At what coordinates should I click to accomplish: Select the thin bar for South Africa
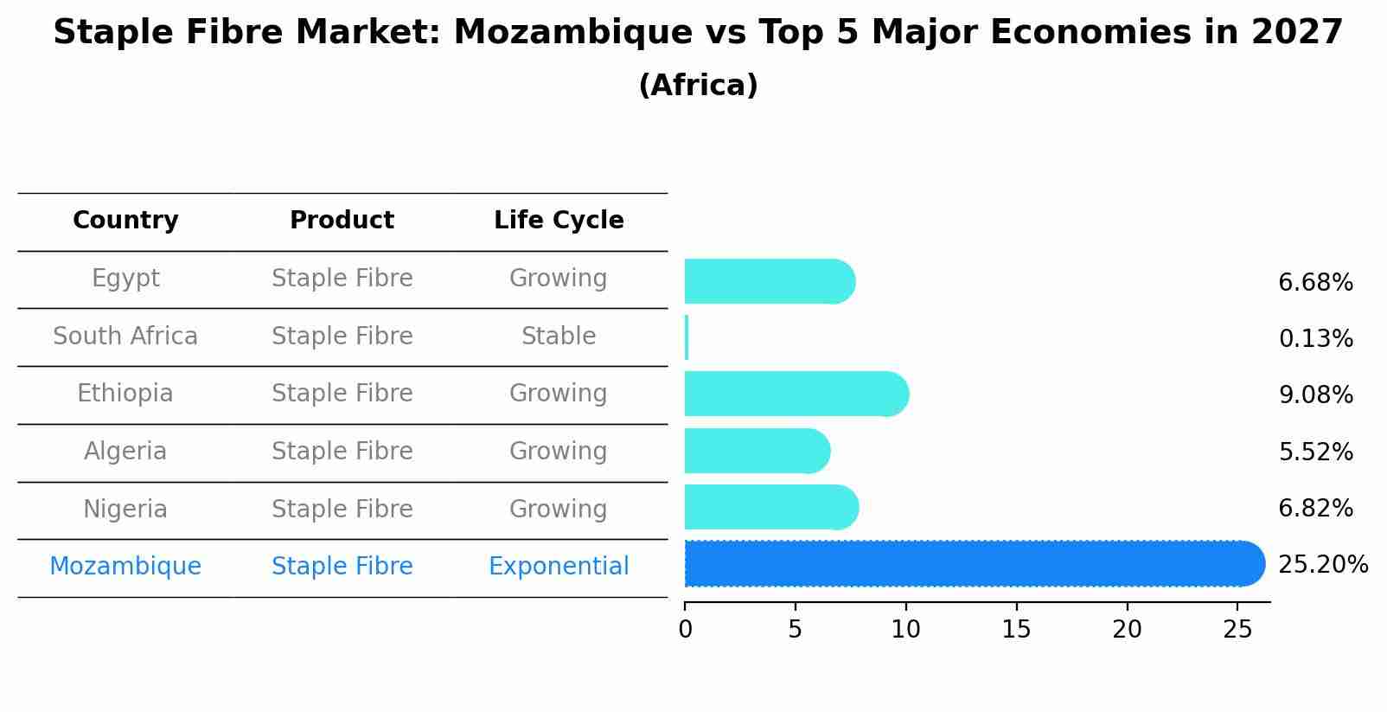click(687, 337)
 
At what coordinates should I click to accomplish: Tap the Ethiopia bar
click(796, 394)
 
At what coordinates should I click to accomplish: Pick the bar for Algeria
click(757, 452)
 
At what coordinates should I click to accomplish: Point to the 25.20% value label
click(1322, 565)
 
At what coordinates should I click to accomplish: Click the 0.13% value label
click(1315, 339)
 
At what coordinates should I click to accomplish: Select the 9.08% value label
click(1315, 395)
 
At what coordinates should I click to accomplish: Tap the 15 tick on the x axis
click(1016, 630)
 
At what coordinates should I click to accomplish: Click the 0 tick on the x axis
click(686, 630)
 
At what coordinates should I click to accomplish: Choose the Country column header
click(125, 221)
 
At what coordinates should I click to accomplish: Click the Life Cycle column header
click(559, 221)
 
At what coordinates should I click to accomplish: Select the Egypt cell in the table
click(125, 279)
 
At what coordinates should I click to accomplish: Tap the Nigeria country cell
click(125, 509)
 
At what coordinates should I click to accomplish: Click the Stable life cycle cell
click(559, 337)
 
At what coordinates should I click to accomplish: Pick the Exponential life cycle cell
click(559, 567)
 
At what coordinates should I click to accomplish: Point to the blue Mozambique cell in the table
click(125, 567)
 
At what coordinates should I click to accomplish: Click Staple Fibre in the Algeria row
click(342, 452)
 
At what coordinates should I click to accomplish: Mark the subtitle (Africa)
click(698, 86)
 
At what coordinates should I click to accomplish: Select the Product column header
click(342, 221)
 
